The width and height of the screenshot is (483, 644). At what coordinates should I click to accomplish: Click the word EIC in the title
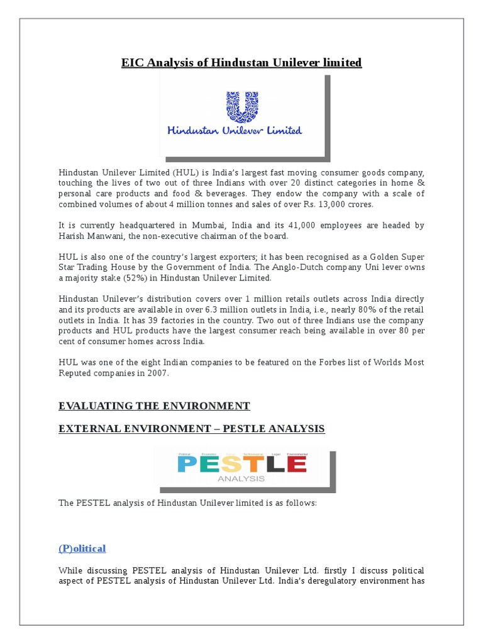point(132,63)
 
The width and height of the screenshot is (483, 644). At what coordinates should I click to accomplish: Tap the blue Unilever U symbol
point(241,106)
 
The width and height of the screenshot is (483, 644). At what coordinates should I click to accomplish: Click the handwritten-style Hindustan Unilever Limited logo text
point(234,131)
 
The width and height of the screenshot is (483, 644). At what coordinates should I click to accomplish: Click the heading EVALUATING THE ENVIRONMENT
point(154,406)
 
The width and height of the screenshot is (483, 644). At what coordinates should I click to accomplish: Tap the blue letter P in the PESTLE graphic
point(188,464)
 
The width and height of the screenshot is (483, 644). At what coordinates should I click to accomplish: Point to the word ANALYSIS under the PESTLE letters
point(241,479)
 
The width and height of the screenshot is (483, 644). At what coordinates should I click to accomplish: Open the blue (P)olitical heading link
point(82,548)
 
